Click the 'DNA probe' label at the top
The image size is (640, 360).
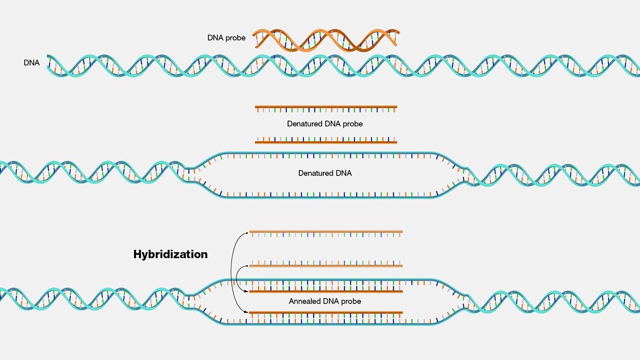point(226,38)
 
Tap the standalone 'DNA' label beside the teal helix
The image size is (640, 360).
point(31,62)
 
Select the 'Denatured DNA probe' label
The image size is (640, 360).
point(325,124)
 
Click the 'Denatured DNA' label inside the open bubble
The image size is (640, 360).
point(325,173)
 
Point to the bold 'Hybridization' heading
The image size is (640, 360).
point(171,254)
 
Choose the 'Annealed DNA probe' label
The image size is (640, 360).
point(325,301)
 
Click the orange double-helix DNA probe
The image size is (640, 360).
point(326,41)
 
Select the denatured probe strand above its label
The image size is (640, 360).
point(326,109)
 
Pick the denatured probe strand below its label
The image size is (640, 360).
point(326,140)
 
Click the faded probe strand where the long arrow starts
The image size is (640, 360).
point(326,234)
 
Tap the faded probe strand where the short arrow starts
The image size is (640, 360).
point(326,263)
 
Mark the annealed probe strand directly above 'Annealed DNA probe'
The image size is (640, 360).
point(326,290)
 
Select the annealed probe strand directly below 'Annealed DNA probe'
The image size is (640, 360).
point(326,315)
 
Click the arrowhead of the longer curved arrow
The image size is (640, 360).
point(247,313)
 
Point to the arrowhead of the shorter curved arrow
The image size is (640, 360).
point(247,291)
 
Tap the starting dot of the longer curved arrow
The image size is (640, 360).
point(247,233)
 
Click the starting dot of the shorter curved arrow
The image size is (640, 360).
point(247,266)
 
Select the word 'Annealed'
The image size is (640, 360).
point(303,301)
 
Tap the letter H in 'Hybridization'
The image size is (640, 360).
point(138,254)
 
